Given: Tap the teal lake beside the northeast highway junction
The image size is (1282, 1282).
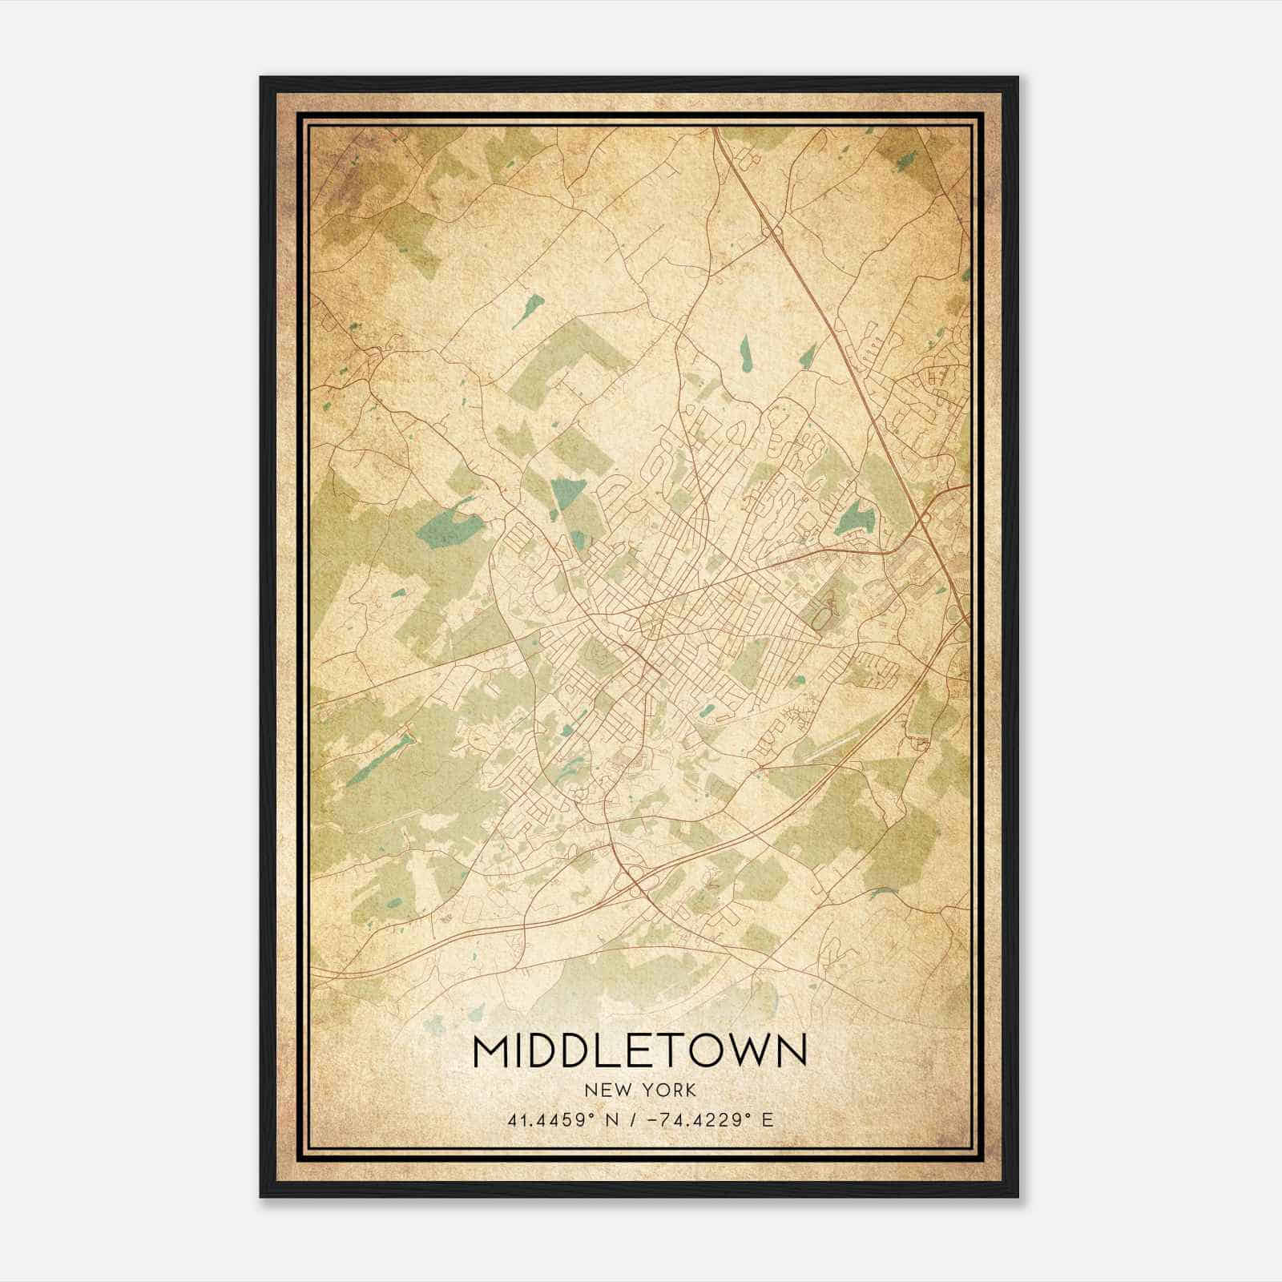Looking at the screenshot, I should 856,518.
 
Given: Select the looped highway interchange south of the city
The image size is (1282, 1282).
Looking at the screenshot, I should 641,880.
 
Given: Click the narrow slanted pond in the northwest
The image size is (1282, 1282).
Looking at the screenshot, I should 529,308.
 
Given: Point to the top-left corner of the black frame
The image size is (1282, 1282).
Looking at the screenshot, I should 261,78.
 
